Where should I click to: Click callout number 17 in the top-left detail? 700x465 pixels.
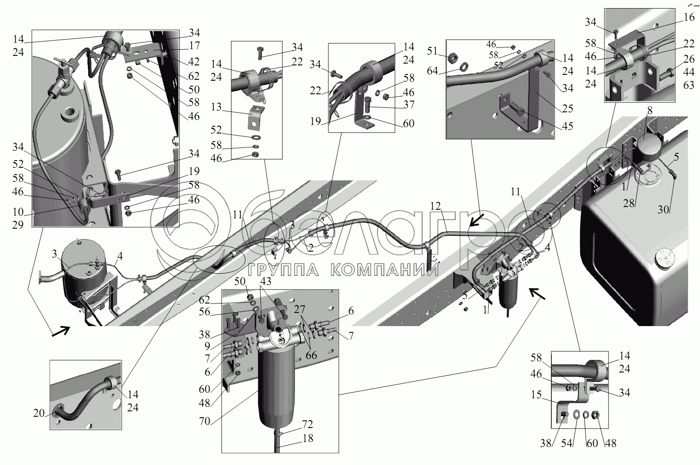point(195,46)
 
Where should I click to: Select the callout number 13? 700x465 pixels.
point(216,107)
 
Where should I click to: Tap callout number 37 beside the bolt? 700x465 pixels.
point(409,105)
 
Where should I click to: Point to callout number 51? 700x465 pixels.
point(432,51)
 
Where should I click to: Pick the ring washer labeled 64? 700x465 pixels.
point(464,67)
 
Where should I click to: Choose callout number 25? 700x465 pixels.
point(568,108)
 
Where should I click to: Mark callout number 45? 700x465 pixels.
point(568,126)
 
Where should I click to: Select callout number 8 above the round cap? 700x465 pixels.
point(650,110)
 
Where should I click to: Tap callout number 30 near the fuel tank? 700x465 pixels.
point(663,209)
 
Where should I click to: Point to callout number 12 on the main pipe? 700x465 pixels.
point(435,206)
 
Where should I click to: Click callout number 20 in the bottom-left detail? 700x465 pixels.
point(39,413)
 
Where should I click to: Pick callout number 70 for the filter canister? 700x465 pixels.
point(205,421)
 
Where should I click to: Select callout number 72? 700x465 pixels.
point(307,424)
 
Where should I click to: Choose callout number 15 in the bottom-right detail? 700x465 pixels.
point(536,395)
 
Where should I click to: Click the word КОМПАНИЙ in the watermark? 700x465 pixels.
point(385,270)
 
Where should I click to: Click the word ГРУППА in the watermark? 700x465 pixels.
point(283,270)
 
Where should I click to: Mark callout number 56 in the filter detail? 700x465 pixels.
point(205,312)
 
